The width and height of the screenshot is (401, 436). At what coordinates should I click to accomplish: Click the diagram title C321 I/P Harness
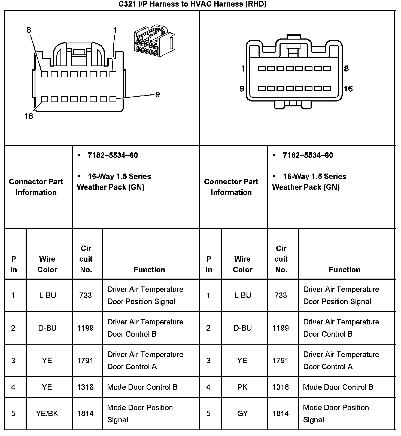pos(192,4)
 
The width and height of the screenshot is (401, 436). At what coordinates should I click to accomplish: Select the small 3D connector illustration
pos(154,41)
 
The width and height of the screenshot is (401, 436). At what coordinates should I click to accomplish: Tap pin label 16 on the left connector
pos(29,116)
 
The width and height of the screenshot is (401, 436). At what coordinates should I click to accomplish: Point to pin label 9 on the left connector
pos(157,95)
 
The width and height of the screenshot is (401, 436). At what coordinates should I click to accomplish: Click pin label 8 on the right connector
pos(346,68)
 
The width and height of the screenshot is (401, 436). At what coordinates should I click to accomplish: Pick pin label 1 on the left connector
pos(115,30)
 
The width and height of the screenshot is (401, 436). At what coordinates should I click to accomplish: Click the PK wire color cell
pos(242,387)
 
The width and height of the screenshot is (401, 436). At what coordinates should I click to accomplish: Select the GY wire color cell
pos(242,413)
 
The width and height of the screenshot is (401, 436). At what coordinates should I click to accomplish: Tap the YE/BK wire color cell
pos(47,413)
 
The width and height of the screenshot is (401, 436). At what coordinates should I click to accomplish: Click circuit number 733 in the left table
pos(86,295)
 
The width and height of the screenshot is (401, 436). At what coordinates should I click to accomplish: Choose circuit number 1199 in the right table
pos(281,328)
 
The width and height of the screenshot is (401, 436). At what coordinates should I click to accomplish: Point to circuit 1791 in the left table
pos(86,360)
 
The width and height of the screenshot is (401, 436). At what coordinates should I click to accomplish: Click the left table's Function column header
pos(149,270)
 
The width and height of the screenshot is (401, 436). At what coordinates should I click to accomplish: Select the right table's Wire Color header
pos(242,264)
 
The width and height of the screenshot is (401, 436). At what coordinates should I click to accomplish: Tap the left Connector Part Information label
pos(36,187)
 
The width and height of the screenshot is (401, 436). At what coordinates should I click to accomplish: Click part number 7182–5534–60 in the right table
pos(308,156)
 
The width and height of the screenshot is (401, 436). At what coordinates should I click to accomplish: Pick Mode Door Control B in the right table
pos(338,387)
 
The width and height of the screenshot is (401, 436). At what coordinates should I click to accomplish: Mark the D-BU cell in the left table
pos(47,328)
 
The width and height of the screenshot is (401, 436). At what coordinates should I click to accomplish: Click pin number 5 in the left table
pos(13,413)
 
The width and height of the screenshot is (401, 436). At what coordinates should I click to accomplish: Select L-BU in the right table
pos(242,295)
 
